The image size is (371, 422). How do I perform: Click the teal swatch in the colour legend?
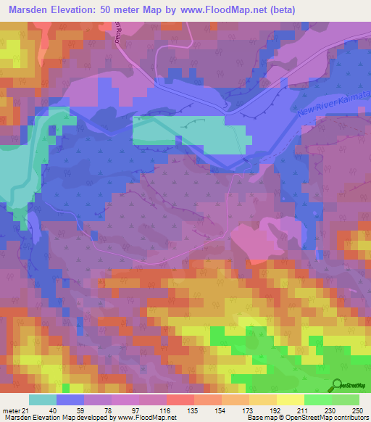point(42,400)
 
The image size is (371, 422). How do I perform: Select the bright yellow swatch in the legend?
point(290,400)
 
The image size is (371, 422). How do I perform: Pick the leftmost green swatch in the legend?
point(317,400)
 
